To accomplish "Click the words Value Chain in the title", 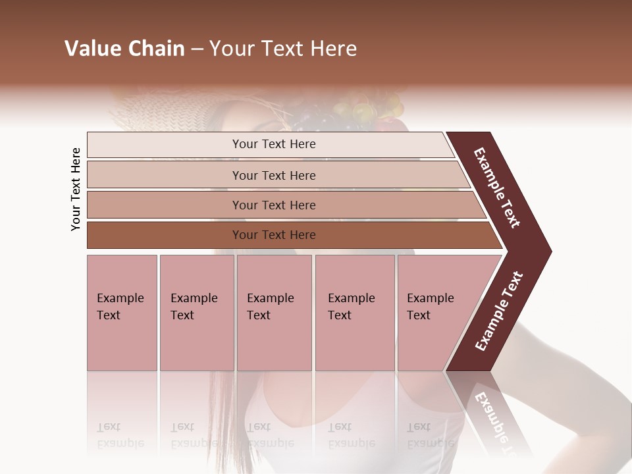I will [x=124, y=49].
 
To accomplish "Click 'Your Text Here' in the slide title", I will [x=283, y=49].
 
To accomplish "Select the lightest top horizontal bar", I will [x=165, y=145].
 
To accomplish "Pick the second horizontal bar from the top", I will [x=165, y=175].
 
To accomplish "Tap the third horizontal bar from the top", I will [x=165, y=205].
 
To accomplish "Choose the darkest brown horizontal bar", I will [x=165, y=235].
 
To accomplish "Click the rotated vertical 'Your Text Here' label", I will [x=76, y=190].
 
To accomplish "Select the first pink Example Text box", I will [x=122, y=313].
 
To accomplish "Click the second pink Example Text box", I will [x=196, y=313].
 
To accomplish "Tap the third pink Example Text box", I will [x=274, y=313].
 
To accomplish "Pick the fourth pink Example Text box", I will [x=354, y=313].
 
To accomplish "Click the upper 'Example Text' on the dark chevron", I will [x=497, y=188].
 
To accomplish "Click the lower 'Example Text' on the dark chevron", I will [x=499, y=311].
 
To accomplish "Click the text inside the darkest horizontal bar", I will [x=274, y=235].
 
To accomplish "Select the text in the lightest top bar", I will [x=274, y=144].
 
